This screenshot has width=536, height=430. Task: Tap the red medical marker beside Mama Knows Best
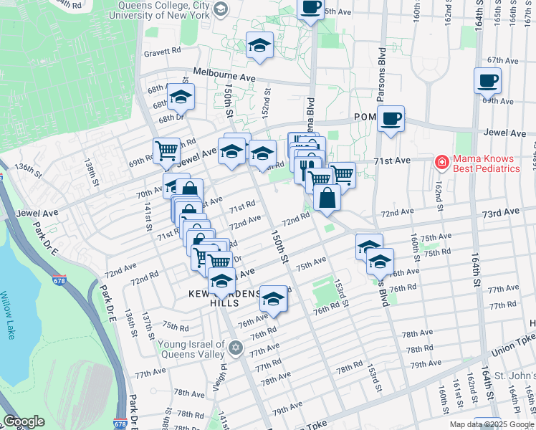pos(441,163)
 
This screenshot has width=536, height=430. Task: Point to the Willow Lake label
pos(8,315)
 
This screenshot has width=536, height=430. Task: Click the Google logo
pos(24,421)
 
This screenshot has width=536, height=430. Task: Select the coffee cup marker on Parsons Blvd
pos(391,119)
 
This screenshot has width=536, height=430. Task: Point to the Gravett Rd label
pos(162,52)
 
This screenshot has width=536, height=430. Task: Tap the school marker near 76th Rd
pos(273,300)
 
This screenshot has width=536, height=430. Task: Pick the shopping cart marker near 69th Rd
pos(166,151)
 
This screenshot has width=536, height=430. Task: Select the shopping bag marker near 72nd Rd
pos(327,199)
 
